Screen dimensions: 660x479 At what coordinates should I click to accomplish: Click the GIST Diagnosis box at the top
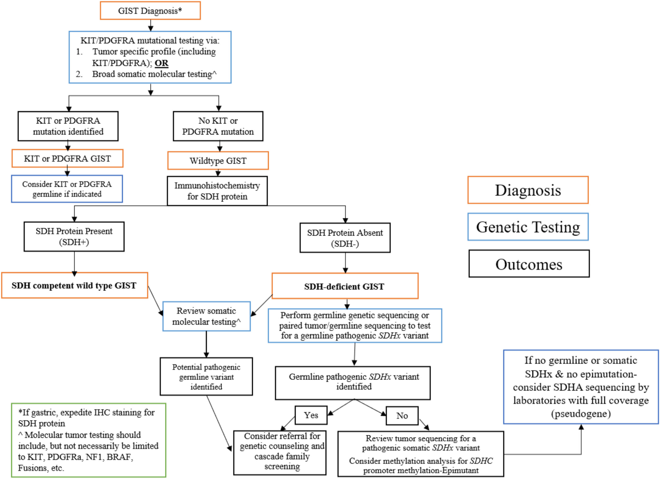150,11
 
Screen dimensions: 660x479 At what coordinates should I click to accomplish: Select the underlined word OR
161,63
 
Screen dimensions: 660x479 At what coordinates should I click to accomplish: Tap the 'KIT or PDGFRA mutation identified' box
68,126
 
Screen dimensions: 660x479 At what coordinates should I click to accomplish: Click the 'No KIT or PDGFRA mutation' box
218,126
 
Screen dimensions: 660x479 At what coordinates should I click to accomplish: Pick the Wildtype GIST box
218,160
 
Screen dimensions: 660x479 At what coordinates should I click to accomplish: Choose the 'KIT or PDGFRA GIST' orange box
67,158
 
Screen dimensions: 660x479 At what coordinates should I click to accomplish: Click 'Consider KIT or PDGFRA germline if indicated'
67,189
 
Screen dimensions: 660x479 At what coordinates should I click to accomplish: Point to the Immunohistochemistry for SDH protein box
217,191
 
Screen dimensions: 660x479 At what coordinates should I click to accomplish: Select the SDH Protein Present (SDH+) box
74,236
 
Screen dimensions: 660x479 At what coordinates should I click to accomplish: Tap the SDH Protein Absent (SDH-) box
345,238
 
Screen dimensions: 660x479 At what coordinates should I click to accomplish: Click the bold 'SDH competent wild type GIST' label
74,285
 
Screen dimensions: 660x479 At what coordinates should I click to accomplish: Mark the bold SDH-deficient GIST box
345,286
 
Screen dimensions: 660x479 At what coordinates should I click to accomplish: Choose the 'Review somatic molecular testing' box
207,316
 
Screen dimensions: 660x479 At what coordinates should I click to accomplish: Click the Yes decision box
311,415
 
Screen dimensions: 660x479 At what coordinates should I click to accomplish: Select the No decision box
402,416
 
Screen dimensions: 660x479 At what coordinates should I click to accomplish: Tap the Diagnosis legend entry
528,190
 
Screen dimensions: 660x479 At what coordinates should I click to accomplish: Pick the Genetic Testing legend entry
528,227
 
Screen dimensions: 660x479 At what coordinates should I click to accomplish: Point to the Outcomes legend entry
529,264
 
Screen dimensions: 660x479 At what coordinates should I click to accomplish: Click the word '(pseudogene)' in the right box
581,413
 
